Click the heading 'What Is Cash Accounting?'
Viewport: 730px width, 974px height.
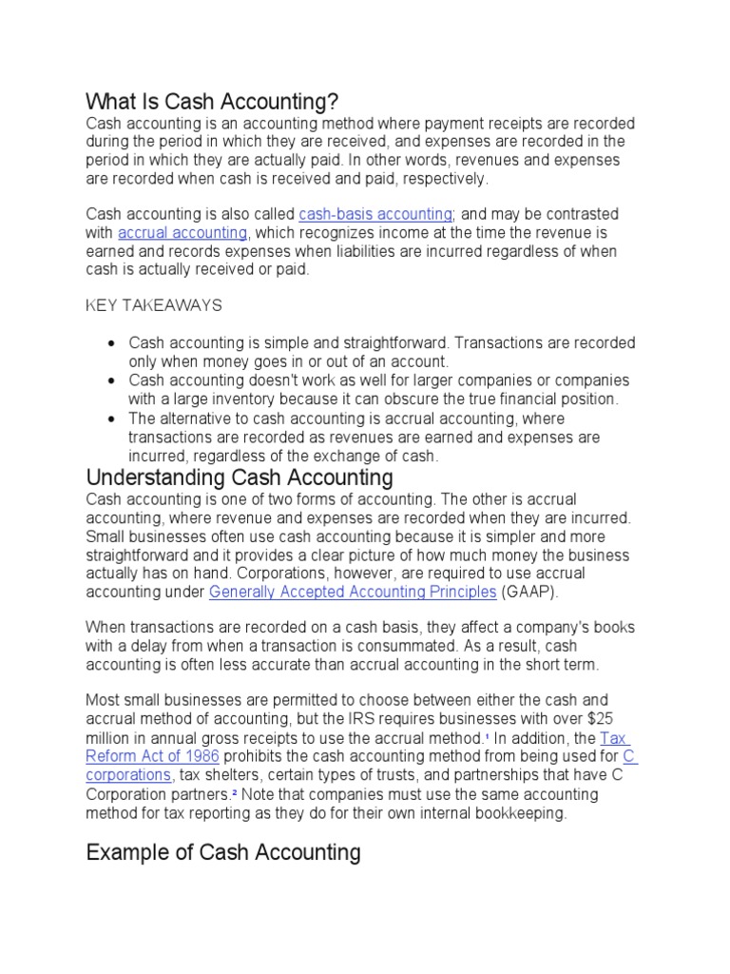click(x=212, y=101)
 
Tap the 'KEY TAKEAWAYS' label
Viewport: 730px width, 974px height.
click(x=154, y=305)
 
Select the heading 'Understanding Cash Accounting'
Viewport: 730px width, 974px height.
click(x=240, y=477)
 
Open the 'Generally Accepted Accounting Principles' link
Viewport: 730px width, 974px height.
click(x=353, y=592)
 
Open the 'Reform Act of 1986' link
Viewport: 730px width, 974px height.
click(x=153, y=757)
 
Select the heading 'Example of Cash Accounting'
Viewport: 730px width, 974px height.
click(x=223, y=852)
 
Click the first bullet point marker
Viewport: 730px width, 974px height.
click(x=111, y=343)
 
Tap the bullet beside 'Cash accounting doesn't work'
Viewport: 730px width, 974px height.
click(x=111, y=380)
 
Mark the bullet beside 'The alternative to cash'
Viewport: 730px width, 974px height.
click(x=111, y=419)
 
